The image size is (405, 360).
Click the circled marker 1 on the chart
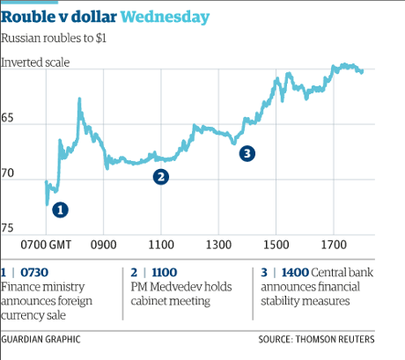pos(60,209)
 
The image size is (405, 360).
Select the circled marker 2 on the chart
pos(161,177)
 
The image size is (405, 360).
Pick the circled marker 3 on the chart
pos(247,153)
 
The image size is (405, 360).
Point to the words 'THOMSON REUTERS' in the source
pos(342,339)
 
